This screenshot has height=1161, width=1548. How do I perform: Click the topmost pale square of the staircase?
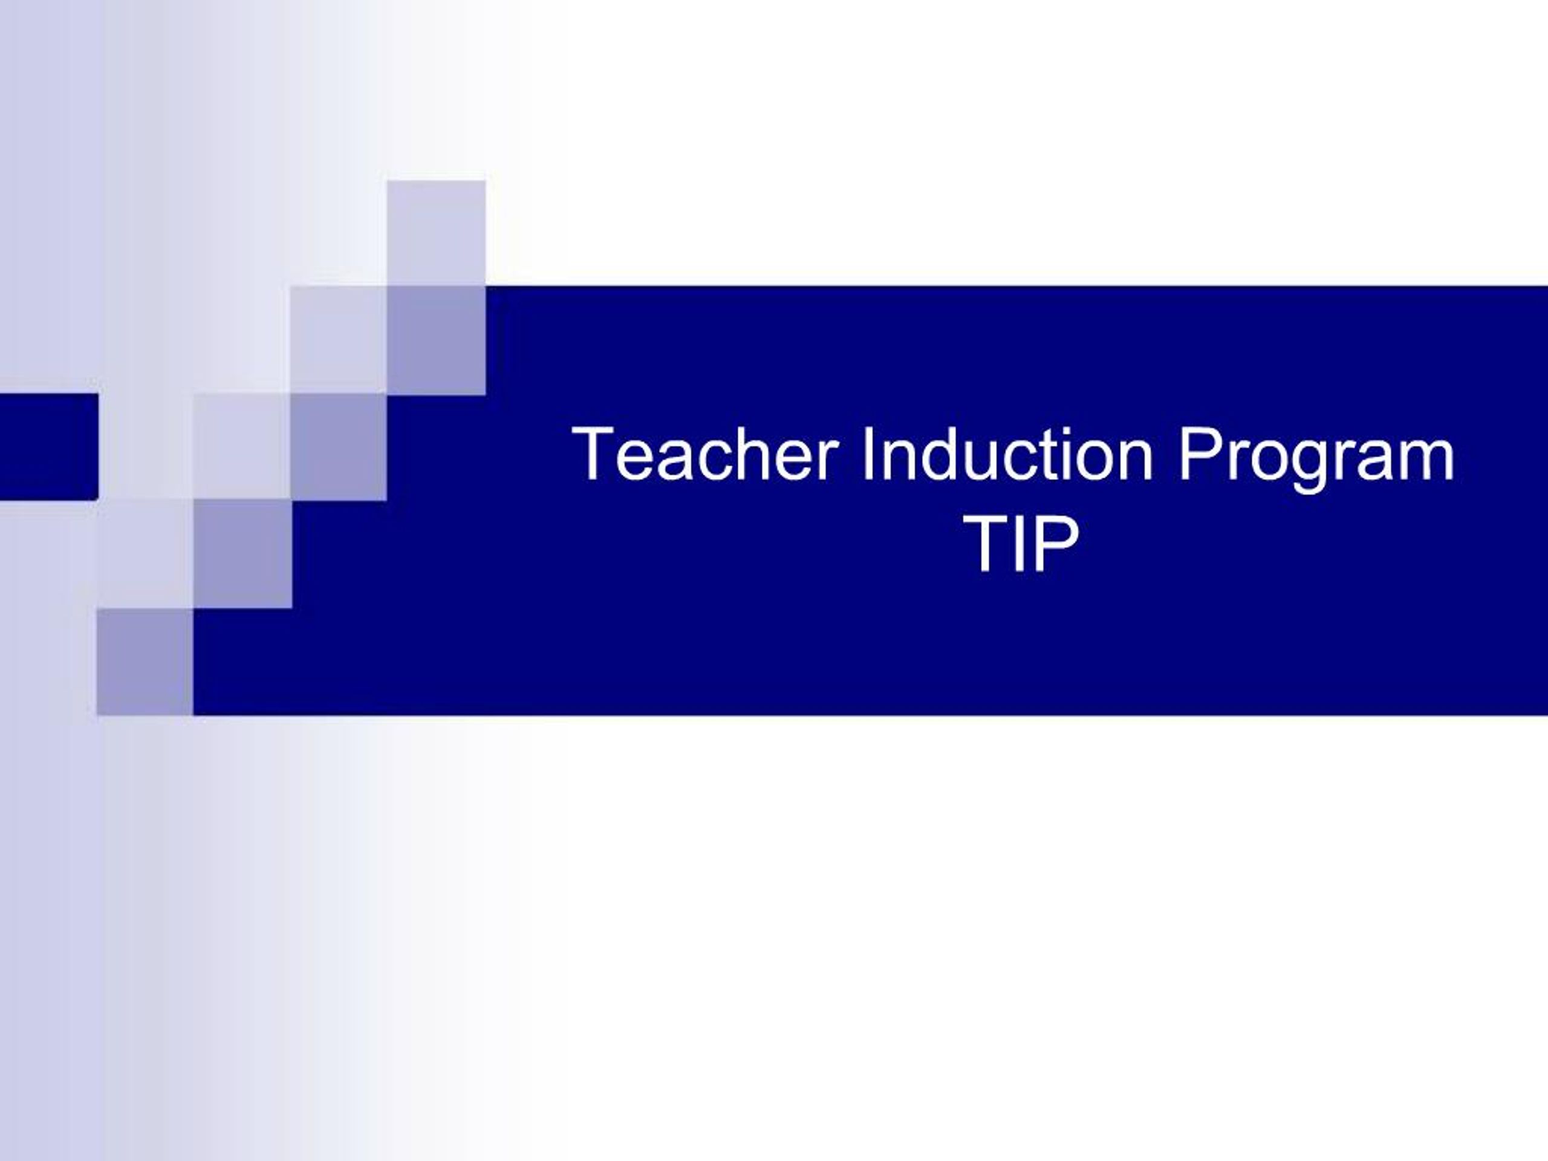pyautogui.click(x=436, y=233)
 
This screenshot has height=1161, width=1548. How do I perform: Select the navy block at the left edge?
pyautogui.click(x=48, y=446)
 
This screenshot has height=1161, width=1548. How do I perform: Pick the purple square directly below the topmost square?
pyautogui.click(x=436, y=340)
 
